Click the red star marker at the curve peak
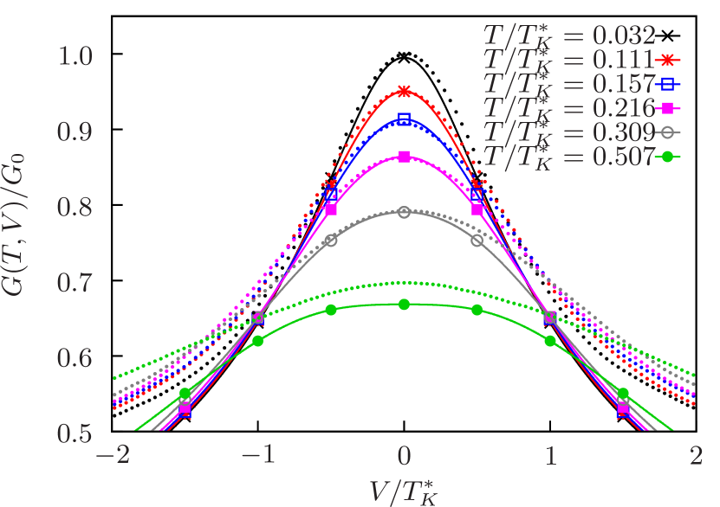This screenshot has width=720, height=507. (404, 91)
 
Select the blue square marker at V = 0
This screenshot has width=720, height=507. (404, 119)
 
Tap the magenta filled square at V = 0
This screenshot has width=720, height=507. (404, 157)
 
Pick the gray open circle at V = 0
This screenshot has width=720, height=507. (404, 211)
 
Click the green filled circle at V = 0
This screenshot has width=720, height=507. (404, 305)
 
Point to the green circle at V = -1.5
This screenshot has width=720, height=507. (185, 394)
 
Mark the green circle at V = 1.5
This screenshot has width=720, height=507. (623, 394)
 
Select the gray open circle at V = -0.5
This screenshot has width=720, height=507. (331, 240)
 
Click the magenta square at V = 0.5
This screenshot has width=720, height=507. (477, 209)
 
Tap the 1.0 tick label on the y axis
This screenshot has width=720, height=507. (75, 57)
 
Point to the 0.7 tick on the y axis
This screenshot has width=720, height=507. (75, 283)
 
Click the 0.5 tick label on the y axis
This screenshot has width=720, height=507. (75, 433)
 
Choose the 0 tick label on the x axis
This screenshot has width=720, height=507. (404, 456)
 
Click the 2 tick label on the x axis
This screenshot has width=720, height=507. (695, 456)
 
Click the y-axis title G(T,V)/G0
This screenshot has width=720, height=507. (19, 245)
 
